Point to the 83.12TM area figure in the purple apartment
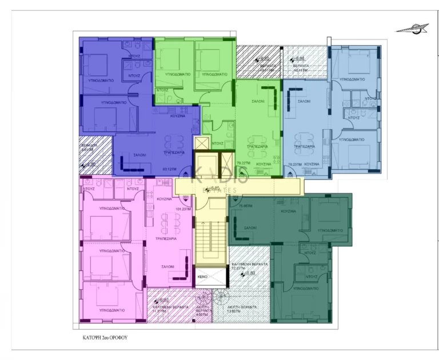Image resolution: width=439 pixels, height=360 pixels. coord(168,169)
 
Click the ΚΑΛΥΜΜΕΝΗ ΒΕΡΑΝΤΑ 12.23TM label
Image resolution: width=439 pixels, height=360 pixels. coord(246,266)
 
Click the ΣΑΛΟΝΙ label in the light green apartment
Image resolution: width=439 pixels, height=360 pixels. coord(258,101)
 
